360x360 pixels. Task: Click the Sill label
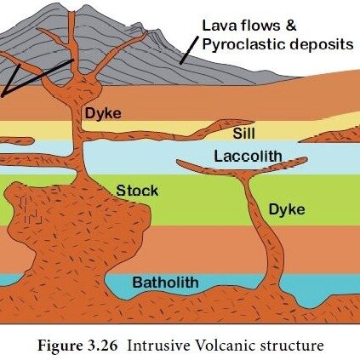[x=243, y=133]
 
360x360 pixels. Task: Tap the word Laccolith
[x=248, y=156]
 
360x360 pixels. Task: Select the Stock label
[x=137, y=191]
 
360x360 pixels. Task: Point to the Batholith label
[x=166, y=283]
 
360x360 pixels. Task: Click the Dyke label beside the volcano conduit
[x=103, y=114]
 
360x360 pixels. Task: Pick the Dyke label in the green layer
[x=287, y=209]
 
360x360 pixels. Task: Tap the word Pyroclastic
[x=240, y=45]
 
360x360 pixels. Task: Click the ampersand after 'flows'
[x=290, y=26]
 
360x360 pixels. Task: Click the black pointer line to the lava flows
[x=189, y=50]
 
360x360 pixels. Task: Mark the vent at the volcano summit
[x=71, y=13]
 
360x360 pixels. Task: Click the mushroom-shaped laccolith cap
[x=242, y=166]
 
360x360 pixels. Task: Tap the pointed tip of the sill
[x=253, y=122]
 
